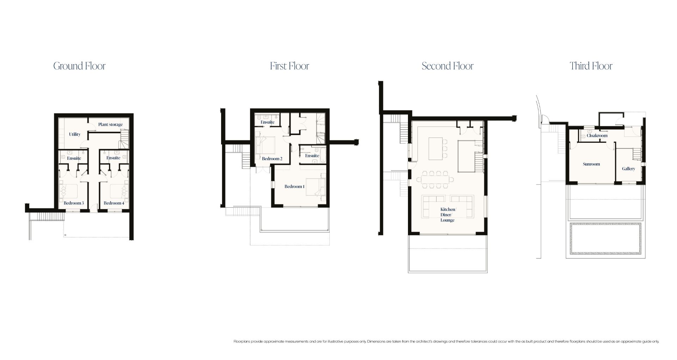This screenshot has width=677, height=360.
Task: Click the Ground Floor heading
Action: [x=79, y=66]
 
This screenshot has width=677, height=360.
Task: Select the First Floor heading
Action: [x=289, y=66]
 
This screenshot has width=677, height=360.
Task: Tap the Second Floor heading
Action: [x=447, y=66]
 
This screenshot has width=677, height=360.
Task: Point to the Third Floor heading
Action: [x=591, y=66]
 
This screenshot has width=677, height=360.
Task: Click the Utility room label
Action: [x=75, y=134]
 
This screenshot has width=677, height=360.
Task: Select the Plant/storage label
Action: [x=110, y=124]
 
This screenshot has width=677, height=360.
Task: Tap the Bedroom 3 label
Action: [x=74, y=203]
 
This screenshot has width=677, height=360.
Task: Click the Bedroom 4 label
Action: [x=114, y=203]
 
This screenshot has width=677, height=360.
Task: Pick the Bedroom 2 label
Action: [x=272, y=159]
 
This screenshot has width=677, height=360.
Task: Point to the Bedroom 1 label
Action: [x=295, y=187]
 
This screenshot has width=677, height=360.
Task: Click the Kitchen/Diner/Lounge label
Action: [x=447, y=215]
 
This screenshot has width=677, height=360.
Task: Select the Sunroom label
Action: [x=591, y=164]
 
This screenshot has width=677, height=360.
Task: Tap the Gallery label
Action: [x=628, y=169]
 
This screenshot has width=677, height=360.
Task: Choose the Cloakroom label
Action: [x=597, y=135]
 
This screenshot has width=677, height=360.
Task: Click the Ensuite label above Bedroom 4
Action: [x=114, y=158]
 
